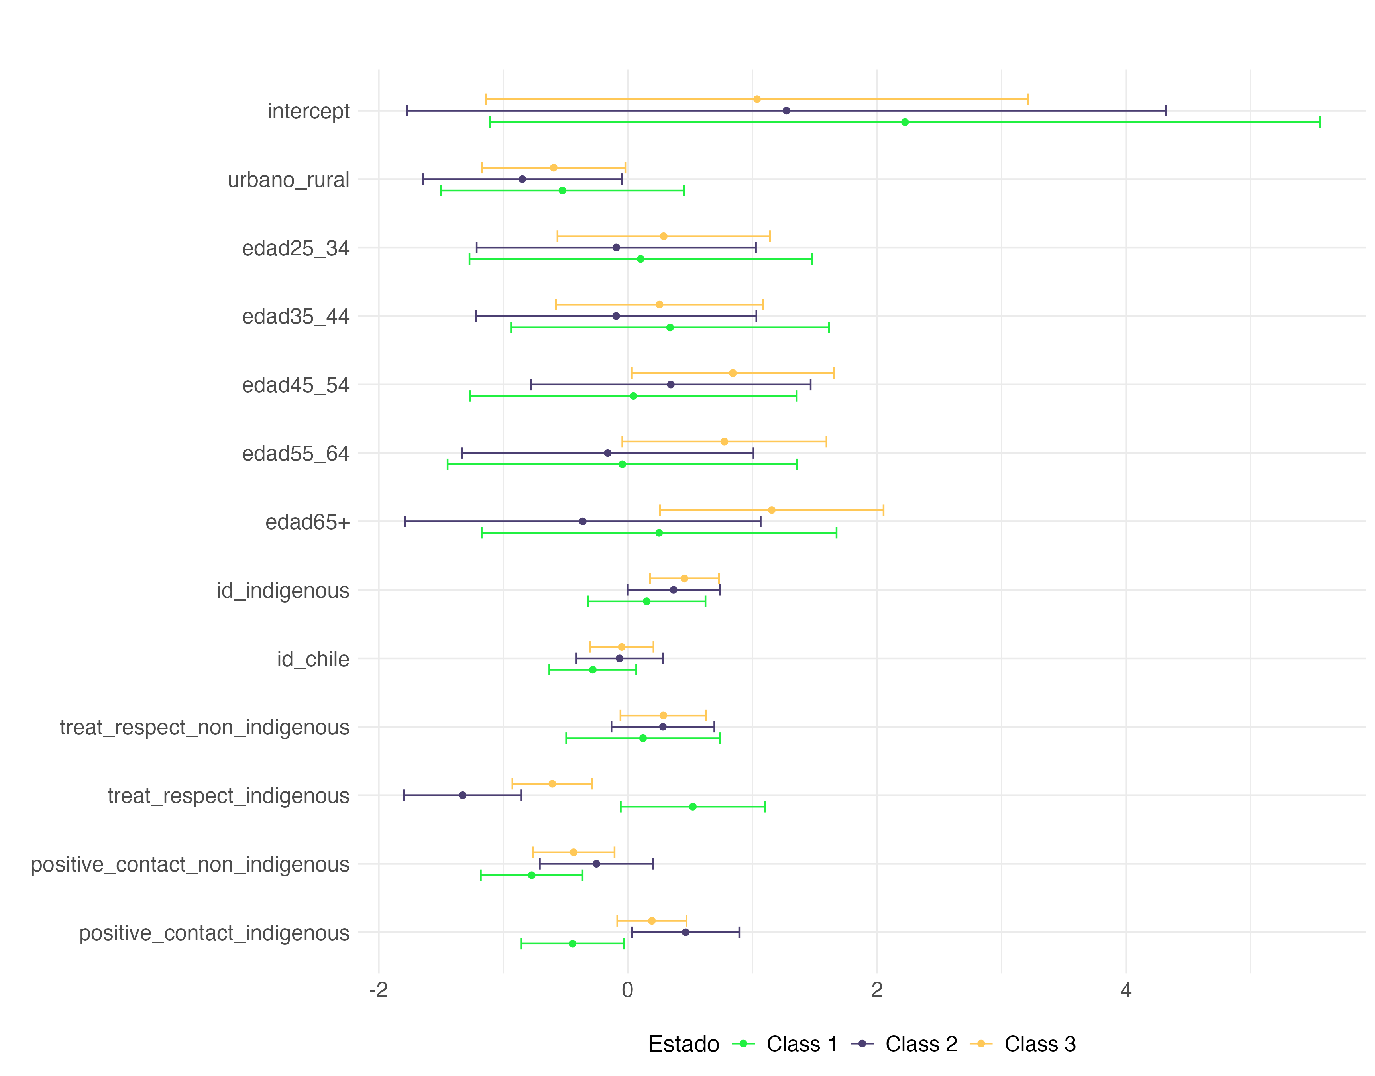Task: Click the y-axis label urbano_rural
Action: point(289,180)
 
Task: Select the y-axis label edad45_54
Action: point(295,385)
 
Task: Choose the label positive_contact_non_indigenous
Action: point(190,865)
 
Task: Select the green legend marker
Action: point(743,1044)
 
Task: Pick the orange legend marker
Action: point(981,1044)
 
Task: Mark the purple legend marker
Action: point(862,1044)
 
